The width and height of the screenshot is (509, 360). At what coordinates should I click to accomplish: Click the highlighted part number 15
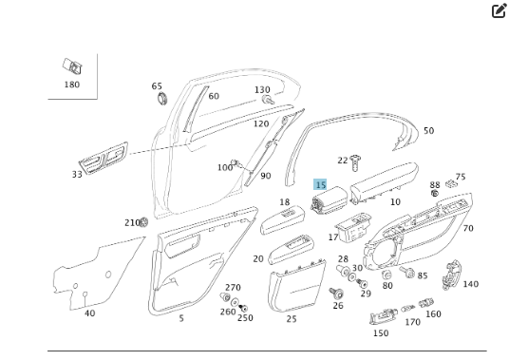[321, 184]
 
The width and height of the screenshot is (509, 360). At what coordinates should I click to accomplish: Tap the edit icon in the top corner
[499, 11]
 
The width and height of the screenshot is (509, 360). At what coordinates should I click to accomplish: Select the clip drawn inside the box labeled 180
[71, 66]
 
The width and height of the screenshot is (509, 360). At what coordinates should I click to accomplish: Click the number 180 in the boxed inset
[72, 85]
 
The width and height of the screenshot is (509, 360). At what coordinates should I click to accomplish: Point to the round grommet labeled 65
[159, 98]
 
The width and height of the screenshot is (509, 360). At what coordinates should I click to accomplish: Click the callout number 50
[428, 131]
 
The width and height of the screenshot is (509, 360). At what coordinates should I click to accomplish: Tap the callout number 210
[132, 222]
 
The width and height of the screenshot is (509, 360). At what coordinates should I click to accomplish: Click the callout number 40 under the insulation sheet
[89, 313]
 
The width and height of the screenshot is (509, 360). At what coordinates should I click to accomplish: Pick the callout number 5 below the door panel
[181, 318]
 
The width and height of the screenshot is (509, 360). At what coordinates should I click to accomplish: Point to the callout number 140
[471, 284]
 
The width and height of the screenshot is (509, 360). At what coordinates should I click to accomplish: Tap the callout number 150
[381, 333]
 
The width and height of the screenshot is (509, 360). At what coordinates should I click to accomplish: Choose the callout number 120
[260, 123]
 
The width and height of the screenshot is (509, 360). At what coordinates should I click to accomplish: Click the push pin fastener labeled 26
[337, 292]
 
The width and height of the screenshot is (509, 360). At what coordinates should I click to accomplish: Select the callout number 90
[265, 176]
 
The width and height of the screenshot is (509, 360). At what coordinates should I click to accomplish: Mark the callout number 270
[233, 288]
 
